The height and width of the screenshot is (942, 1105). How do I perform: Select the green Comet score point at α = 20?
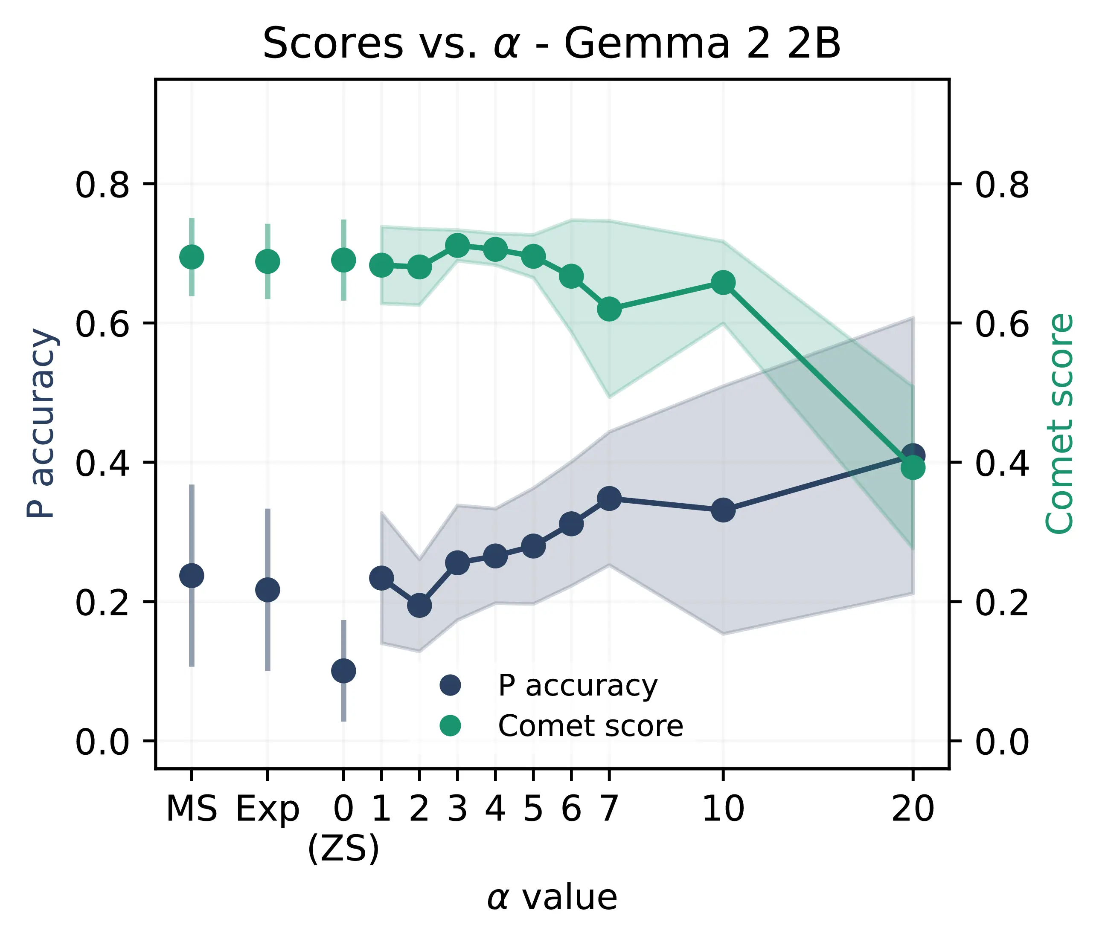click(x=913, y=467)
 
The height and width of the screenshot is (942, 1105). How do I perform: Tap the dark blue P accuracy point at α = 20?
click(x=913, y=455)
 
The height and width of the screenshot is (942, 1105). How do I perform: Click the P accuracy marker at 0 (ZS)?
click(x=343, y=671)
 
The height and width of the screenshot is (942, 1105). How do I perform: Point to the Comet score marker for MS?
click(x=192, y=258)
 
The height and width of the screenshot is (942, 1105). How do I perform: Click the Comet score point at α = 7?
click(x=609, y=309)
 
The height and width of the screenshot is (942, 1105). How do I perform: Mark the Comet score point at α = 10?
click(x=723, y=283)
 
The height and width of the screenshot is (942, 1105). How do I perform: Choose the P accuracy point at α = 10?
click(x=723, y=510)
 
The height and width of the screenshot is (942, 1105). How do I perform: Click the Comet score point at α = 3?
click(x=457, y=245)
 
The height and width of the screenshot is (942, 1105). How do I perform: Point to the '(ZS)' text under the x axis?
click(x=343, y=849)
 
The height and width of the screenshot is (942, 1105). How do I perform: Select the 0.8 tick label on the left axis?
click(x=102, y=186)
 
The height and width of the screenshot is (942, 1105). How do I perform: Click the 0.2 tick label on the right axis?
click(x=1002, y=603)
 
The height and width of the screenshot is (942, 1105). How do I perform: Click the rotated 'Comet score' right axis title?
click(x=1060, y=423)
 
